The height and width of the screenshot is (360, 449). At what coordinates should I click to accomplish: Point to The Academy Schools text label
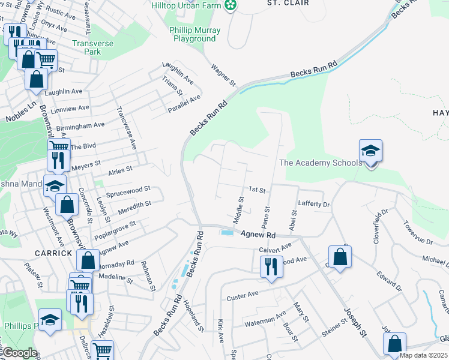pyautogui.click(x=321, y=163)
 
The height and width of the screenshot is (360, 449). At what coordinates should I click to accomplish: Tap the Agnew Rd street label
pyautogui.click(x=258, y=236)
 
